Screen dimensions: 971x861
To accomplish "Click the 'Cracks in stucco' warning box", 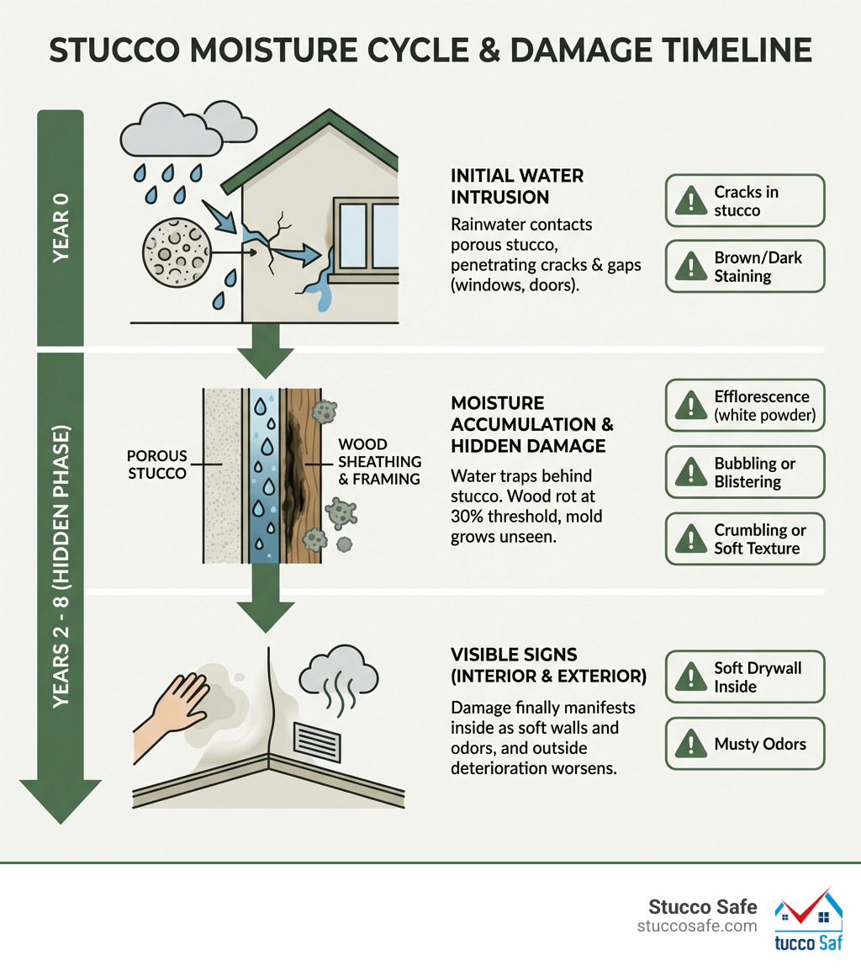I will click(745, 201).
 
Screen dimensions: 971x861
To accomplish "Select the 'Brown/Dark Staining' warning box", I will click(745, 267).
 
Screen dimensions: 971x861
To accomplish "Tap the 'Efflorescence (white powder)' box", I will click(745, 406).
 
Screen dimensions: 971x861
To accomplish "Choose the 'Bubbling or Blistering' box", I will click(745, 473).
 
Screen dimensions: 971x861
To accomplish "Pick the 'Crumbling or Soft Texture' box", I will click(745, 539).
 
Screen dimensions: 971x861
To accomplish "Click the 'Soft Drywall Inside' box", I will click(745, 677).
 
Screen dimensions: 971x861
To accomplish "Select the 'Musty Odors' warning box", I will click(745, 744).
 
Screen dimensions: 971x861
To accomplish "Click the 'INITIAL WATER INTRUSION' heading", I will click(517, 187).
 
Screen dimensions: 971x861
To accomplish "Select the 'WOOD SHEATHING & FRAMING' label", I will click(374, 461).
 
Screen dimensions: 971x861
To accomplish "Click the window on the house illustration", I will click(367, 235).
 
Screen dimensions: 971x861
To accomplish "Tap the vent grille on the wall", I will click(318, 740).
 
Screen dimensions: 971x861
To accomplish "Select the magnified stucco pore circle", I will click(173, 249).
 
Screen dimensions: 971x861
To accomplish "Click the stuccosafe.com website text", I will click(697, 926).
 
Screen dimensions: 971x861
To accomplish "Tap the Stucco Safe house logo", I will click(808, 921).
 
